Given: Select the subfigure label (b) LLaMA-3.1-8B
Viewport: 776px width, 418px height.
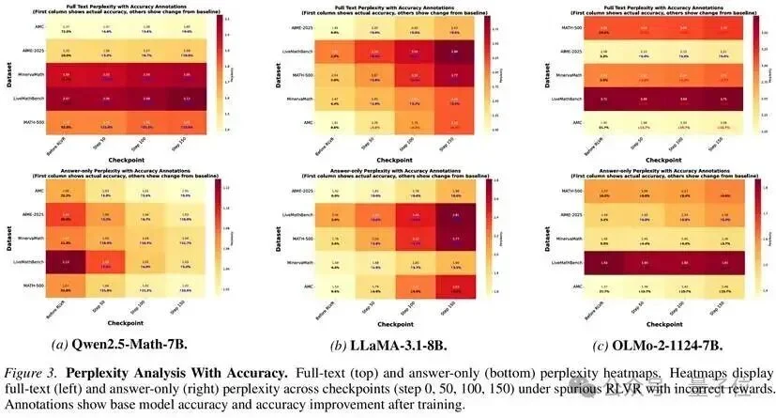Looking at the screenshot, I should click(386, 344).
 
